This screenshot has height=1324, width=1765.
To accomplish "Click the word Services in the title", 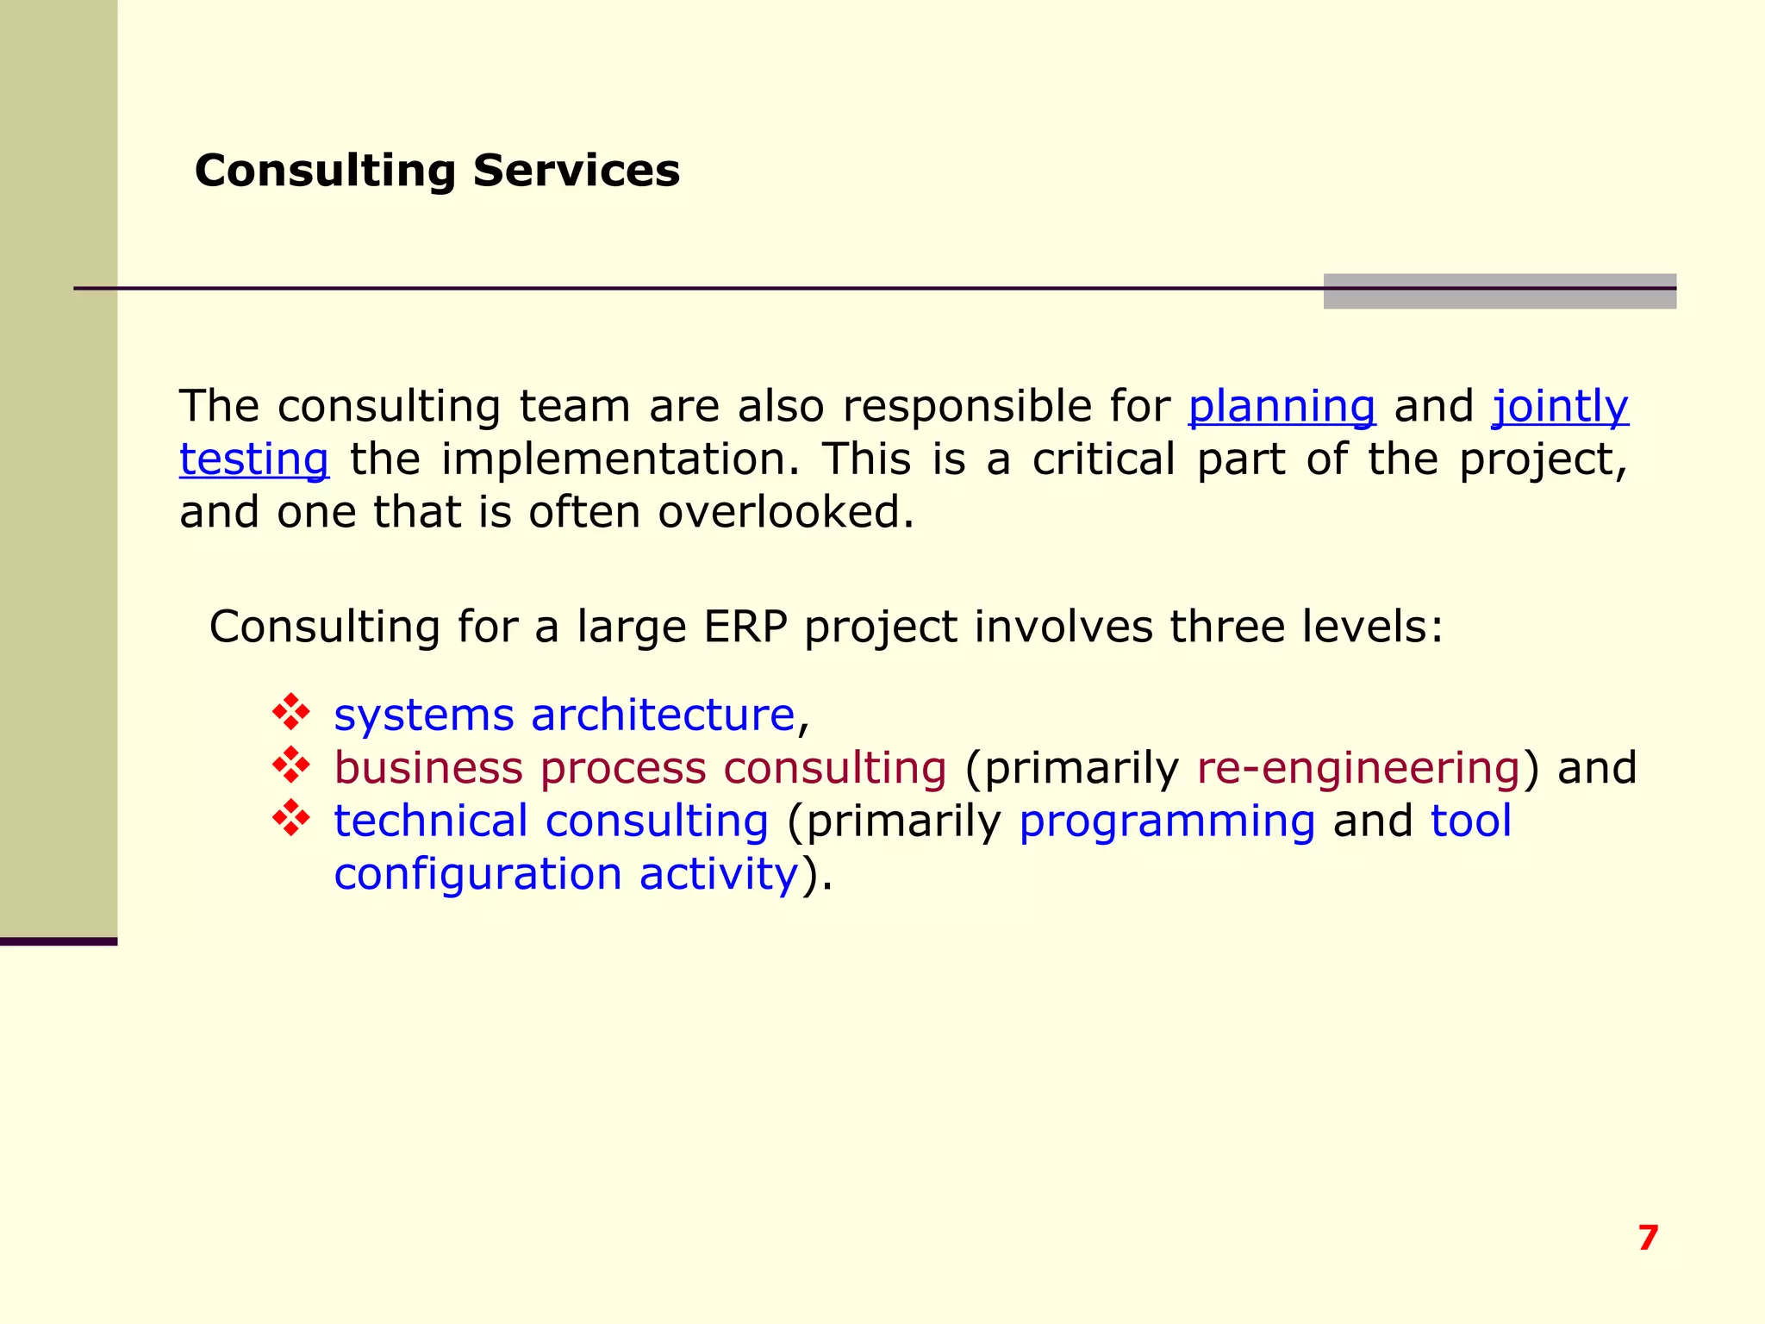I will (x=576, y=171).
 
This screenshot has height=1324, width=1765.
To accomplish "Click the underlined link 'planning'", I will (x=1282, y=406).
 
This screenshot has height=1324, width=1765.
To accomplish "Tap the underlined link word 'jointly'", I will (x=1560, y=406).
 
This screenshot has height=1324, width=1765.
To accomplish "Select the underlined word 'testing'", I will (x=254, y=459).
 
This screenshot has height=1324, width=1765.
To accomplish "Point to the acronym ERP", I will (x=745, y=627).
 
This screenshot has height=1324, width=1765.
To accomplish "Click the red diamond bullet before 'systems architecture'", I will (x=291, y=712).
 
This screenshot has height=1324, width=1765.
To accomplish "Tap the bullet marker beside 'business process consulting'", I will (x=291, y=765).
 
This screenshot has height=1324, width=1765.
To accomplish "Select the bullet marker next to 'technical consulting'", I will (x=291, y=818).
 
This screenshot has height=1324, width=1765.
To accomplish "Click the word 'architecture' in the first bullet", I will (x=662, y=715).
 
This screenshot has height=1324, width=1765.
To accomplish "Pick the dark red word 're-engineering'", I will (x=1358, y=768).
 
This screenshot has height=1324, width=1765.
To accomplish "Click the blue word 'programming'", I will (x=1167, y=821).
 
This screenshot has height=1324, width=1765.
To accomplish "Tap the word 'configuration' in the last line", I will (x=477, y=874).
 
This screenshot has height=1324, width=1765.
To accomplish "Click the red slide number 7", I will (x=1648, y=1238).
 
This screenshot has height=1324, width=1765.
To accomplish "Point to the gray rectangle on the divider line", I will (x=1500, y=291).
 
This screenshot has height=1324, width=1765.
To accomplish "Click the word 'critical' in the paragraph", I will (x=1103, y=459).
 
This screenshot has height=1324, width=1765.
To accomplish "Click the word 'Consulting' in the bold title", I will (x=325, y=171).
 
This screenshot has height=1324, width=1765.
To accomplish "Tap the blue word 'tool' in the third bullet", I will (x=1470, y=821).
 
